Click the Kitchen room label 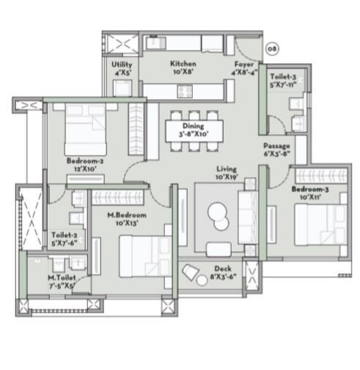(x=181, y=64)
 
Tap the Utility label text (x=122, y=65)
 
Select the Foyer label (x=244, y=64)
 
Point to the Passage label (x=276, y=146)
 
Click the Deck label (x=222, y=269)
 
